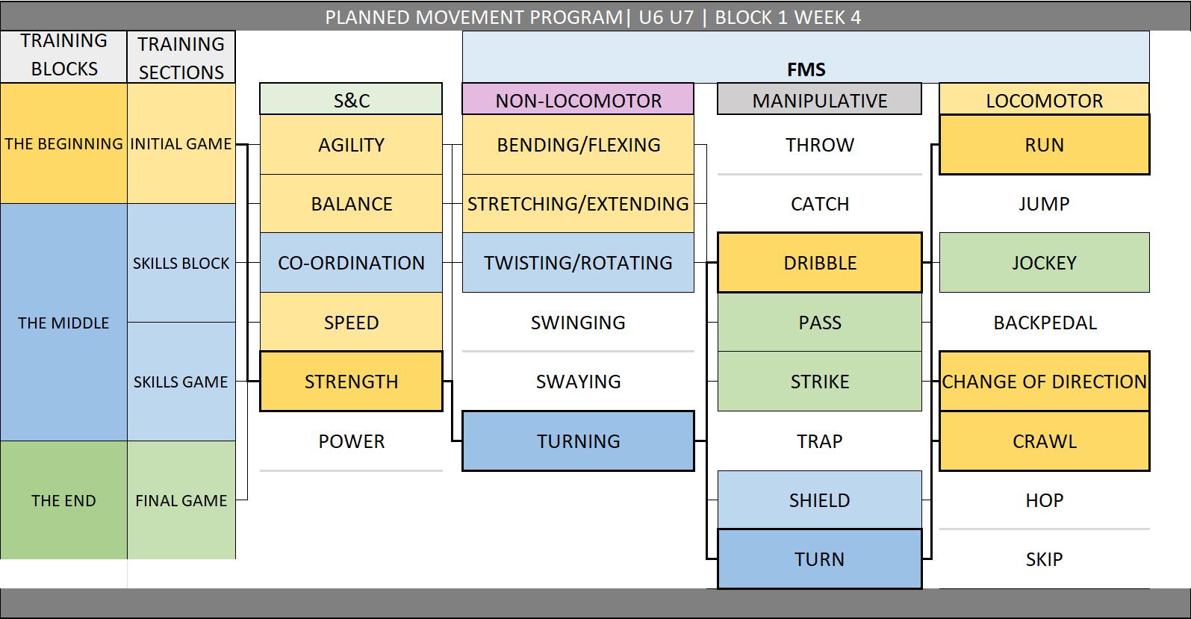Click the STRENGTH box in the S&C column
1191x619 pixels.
tap(351, 382)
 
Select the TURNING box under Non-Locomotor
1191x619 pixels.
tap(578, 441)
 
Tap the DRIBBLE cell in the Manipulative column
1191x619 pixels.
tap(819, 263)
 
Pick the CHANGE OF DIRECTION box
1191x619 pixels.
tap(1044, 382)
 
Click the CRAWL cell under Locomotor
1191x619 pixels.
tap(1044, 441)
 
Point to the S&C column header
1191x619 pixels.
tap(351, 100)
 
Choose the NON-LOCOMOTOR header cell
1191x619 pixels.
tap(578, 100)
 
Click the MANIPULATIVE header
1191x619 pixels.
tap(819, 100)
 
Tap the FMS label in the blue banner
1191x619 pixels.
tap(806, 69)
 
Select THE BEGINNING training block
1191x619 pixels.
tap(63, 143)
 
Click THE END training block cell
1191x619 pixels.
tap(63, 500)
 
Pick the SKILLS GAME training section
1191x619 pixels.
tap(181, 382)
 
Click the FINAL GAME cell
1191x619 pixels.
tap(181, 500)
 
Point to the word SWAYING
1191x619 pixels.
tap(578, 382)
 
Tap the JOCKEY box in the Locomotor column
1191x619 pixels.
tap(1044, 263)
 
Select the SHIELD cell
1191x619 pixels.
tap(819, 500)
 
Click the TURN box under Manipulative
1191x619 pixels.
tap(819, 559)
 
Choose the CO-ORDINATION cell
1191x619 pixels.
tap(351, 263)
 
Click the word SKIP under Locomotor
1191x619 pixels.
tap(1044, 559)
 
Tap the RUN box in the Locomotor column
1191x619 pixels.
tap(1044, 145)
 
